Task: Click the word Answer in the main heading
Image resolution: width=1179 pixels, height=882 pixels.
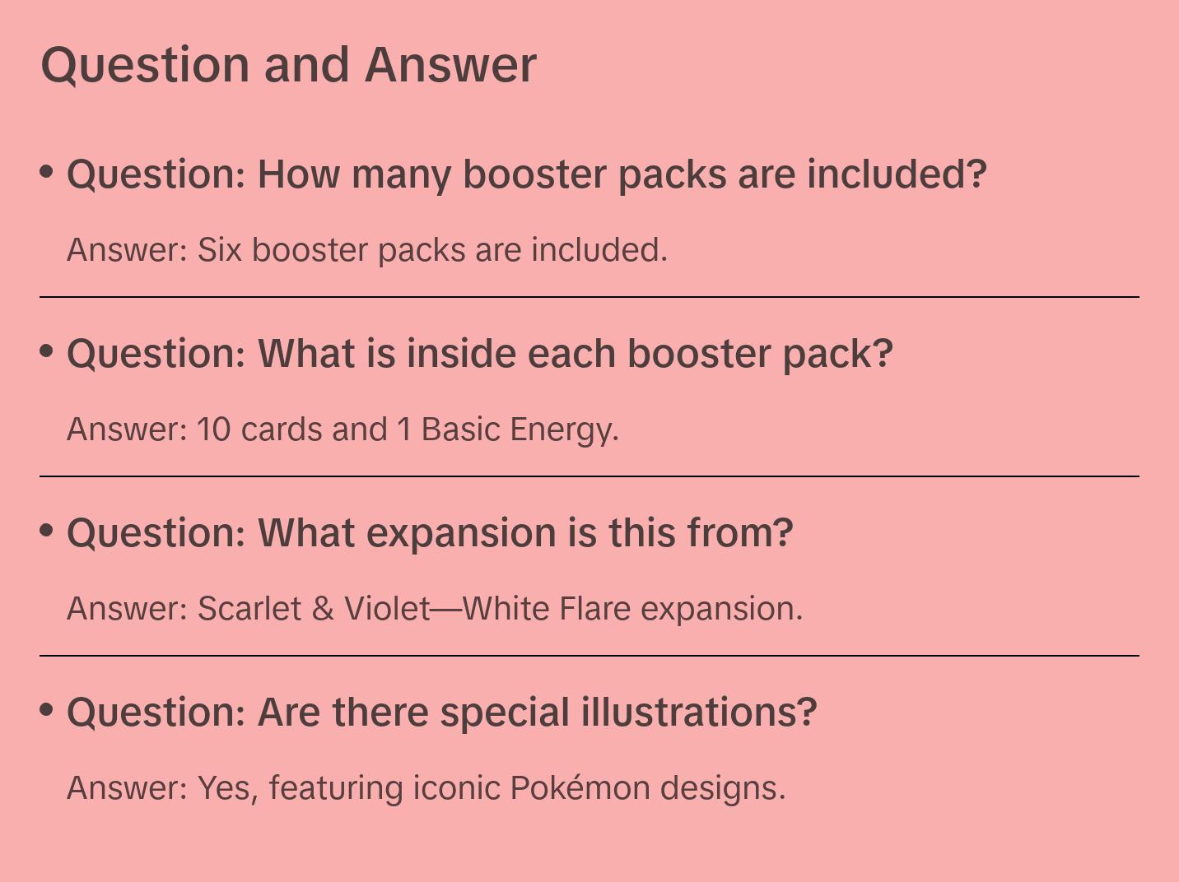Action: pyautogui.click(x=450, y=65)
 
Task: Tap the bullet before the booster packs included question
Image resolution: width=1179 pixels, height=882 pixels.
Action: pyautogui.click(x=47, y=172)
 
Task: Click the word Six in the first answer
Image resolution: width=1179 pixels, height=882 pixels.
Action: pyautogui.click(x=219, y=249)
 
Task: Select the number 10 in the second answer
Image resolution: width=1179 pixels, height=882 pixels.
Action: pyautogui.click(x=214, y=429)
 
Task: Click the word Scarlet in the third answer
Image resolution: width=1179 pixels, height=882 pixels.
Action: pyautogui.click(x=249, y=608)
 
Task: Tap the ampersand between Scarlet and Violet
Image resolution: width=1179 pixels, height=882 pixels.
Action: pyautogui.click(x=322, y=609)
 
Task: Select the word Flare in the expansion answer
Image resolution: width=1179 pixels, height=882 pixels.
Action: pyautogui.click(x=594, y=608)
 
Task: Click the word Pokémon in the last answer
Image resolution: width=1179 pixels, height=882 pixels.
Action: pyautogui.click(x=580, y=787)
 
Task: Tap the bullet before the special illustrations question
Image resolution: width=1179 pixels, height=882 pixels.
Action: pyautogui.click(x=47, y=710)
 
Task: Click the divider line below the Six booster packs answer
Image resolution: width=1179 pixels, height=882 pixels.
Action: pyautogui.click(x=589, y=297)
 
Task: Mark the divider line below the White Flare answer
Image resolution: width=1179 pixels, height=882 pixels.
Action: pyautogui.click(x=589, y=655)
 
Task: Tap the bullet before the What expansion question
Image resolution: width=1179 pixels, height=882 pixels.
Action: pyautogui.click(x=47, y=531)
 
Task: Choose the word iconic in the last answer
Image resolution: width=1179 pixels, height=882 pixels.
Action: pyautogui.click(x=457, y=787)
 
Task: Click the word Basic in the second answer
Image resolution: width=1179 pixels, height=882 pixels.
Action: pyautogui.click(x=461, y=429)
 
